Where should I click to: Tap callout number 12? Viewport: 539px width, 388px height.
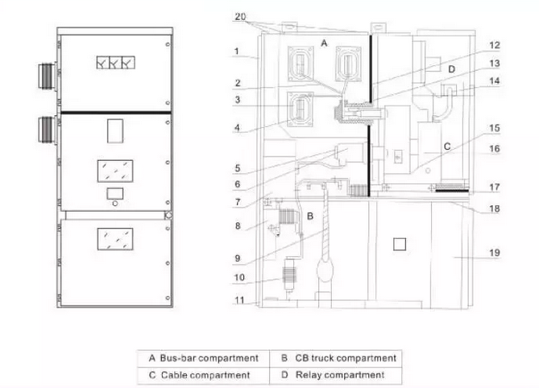point(495,46)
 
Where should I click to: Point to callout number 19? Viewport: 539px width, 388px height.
point(495,253)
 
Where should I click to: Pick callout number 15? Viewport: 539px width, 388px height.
point(495,127)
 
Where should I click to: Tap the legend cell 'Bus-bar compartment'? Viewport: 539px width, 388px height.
point(203,357)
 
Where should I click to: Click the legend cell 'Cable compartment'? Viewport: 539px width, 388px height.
point(203,375)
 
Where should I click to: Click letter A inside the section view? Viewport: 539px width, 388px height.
point(324,40)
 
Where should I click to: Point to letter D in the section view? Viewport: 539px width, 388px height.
point(451,71)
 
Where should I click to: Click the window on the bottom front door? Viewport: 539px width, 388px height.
point(114,238)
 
